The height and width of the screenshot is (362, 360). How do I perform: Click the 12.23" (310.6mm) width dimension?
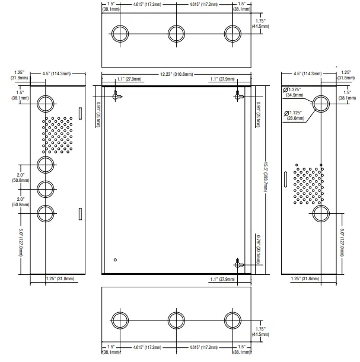coord(176,74)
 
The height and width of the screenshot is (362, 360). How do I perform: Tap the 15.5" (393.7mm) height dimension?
coord(265,177)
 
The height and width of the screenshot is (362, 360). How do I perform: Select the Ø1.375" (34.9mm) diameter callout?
coord(292,92)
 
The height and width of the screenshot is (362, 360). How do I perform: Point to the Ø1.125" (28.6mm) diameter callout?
coord(294,116)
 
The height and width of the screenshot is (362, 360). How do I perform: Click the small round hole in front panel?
coord(115,260)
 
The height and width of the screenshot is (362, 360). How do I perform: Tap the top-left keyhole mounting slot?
coord(116,95)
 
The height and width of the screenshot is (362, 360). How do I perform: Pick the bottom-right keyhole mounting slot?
coord(238,263)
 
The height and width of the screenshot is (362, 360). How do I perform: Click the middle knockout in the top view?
coord(176,34)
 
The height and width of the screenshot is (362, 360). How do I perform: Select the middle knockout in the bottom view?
coord(176,321)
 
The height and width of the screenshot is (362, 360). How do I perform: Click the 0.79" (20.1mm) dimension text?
coord(259,249)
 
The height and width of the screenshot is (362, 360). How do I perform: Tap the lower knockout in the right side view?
coord(321,213)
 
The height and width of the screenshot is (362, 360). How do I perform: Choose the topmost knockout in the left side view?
coord(46,104)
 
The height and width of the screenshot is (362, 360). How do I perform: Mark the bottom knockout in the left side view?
coord(46,213)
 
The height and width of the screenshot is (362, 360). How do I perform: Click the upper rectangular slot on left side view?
coord(81,113)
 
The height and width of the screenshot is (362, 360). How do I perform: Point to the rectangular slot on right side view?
coord(286,179)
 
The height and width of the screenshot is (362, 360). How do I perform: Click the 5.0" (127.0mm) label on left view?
coord(21,242)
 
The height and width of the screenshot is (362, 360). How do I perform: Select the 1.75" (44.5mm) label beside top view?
coord(260,24)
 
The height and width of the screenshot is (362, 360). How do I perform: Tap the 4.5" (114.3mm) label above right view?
coord(307,73)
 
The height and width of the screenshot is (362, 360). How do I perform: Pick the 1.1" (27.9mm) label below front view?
coord(222,279)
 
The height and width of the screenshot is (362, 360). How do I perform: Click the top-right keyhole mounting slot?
coord(238,95)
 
